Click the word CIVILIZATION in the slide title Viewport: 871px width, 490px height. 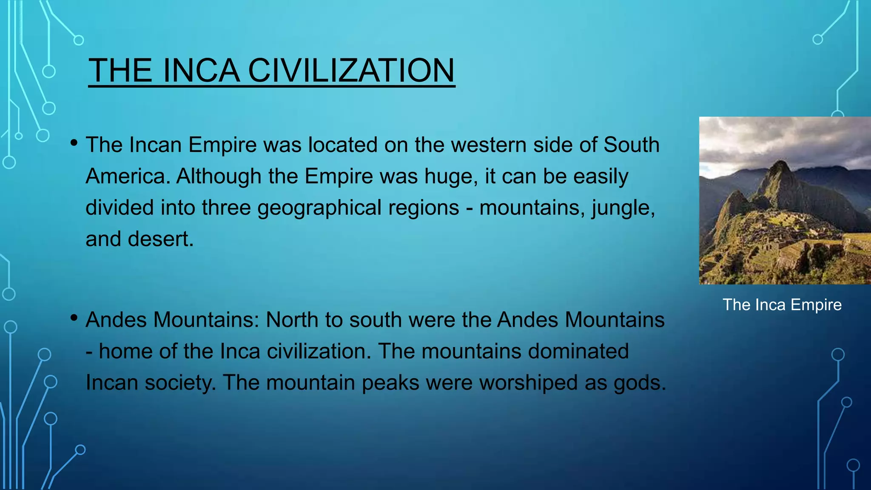pyautogui.click(x=351, y=71)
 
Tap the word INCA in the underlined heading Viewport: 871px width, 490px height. pyautogui.click(x=201, y=71)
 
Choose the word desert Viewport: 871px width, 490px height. pyautogui.click(x=161, y=239)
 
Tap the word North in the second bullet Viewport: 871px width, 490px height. pyautogui.click(x=292, y=320)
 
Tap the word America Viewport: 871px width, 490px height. pyautogui.click(x=128, y=177)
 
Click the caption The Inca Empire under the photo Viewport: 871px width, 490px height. pyautogui.click(x=782, y=305)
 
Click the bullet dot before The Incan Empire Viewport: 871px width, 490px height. pyautogui.click(x=74, y=143)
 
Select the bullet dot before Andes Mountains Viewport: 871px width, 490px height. pyautogui.click(x=74, y=317)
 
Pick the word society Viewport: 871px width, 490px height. pyautogui.click(x=180, y=383)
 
